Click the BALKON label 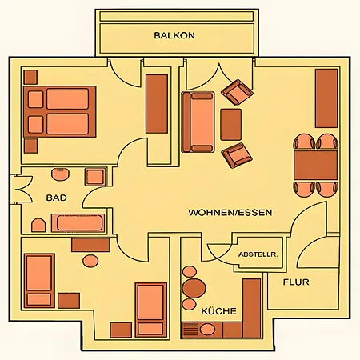(174, 36)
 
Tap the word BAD (56, 197)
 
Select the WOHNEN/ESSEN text (230, 214)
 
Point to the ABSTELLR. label (257, 253)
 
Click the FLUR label (295, 282)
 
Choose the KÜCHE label (218, 310)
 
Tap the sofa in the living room (198, 121)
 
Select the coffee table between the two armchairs (231, 124)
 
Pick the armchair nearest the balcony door (237, 92)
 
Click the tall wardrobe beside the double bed (157, 103)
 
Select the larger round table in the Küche (194, 287)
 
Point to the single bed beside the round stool (39, 279)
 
